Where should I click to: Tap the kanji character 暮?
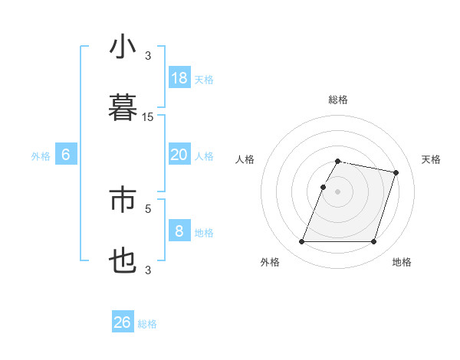click(123, 108)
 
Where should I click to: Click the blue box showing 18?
click(179, 77)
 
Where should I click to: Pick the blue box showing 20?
click(179, 155)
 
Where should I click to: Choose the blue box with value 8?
click(179, 231)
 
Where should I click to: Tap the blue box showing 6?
click(66, 155)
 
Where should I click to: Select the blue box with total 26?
click(123, 322)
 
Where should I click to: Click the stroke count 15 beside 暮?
click(148, 117)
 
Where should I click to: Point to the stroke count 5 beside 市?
click(148, 208)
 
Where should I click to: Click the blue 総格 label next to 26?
click(147, 324)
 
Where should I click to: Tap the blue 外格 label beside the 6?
click(41, 156)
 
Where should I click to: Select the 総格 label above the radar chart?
click(338, 100)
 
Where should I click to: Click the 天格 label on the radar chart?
click(432, 159)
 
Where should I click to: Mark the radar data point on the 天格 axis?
click(396, 173)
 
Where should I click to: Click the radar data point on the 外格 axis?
click(302, 242)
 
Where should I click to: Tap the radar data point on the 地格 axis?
click(374, 242)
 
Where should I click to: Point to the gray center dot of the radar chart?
click(338, 191)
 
